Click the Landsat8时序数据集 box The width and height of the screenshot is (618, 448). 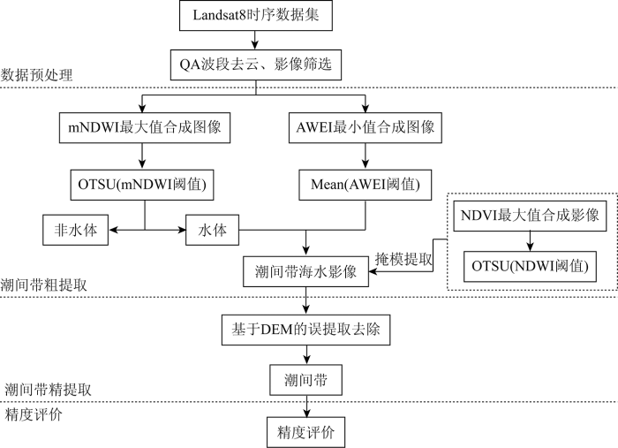click(256, 15)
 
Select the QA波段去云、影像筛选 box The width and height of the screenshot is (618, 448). click(256, 65)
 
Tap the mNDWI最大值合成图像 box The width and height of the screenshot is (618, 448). click(145, 128)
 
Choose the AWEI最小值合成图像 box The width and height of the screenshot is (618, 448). click(366, 128)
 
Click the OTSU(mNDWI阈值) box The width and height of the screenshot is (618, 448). click(142, 185)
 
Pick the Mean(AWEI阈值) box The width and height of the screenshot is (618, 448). click(366, 185)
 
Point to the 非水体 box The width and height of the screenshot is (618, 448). click(76, 230)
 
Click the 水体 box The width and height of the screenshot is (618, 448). click(213, 230)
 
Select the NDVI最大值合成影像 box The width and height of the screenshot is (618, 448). click(530, 216)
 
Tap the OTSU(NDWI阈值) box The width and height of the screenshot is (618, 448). click(530, 267)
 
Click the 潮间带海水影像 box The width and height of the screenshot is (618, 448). click(305, 272)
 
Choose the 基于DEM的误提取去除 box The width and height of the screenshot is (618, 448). click(305, 330)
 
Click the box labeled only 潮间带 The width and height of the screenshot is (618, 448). click(305, 380)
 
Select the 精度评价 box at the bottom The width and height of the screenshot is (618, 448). click(305, 432)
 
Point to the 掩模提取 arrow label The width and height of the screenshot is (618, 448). click(403, 259)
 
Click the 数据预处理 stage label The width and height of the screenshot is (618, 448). click(37, 75)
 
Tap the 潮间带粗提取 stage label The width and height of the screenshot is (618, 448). click(44, 285)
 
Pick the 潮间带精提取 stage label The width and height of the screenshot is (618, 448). click(48, 390)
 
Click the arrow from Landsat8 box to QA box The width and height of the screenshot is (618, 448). click(255, 41)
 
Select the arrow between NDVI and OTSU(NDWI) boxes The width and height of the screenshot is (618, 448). click(530, 241)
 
